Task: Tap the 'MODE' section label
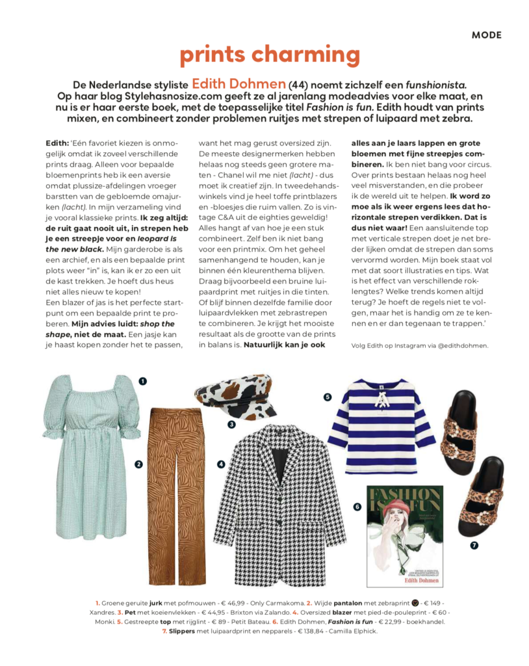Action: tap(486, 35)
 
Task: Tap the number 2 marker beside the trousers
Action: tap(138, 464)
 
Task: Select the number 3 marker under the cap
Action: tap(231, 425)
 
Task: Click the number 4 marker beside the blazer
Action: tap(221, 464)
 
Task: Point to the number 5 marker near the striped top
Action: tap(328, 396)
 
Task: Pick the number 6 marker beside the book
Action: tap(357, 506)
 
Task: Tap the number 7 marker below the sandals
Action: tap(474, 545)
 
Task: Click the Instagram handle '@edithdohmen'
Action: tap(458, 345)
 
